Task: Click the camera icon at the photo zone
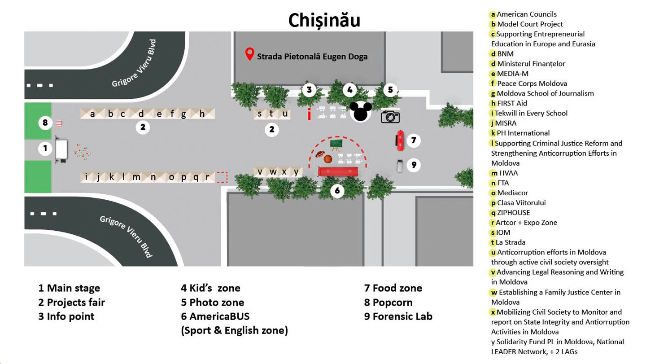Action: pos(390,117)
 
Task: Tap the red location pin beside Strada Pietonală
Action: pos(249,54)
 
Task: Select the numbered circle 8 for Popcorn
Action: pos(45,123)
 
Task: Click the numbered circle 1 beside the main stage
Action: pos(45,149)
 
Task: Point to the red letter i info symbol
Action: pos(309,114)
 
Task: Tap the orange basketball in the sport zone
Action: pos(328,159)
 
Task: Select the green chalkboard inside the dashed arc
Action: pos(336,144)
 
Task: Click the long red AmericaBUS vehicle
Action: pos(338,171)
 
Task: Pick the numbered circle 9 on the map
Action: pos(414,165)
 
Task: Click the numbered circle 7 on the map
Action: pos(414,140)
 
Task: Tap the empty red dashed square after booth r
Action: pos(222,177)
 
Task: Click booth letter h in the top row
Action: pos(202,114)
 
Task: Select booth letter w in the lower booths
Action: pos(273,171)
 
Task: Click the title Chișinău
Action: pos(324,20)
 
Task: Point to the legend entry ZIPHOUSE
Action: pos(513,213)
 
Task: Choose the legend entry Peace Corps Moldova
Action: pos(532,83)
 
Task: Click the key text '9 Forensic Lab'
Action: pos(398,316)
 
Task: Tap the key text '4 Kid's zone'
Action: pos(210,288)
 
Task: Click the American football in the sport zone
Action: pos(320,154)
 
